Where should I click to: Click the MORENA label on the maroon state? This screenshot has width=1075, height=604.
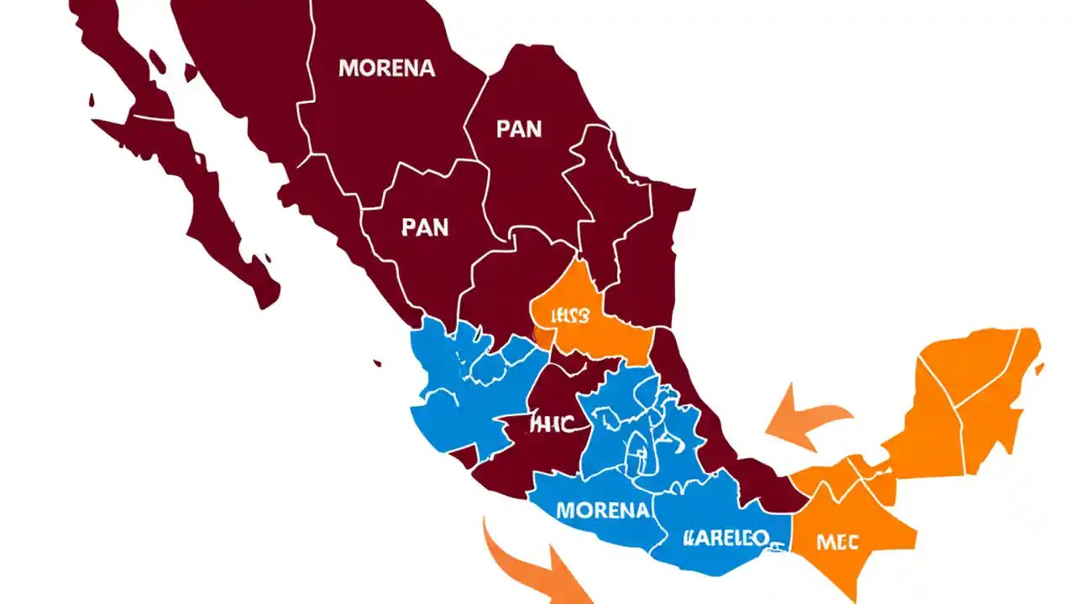click(x=386, y=68)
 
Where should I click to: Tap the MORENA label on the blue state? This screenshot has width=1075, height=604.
click(x=603, y=509)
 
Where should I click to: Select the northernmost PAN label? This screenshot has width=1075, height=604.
click(x=519, y=130)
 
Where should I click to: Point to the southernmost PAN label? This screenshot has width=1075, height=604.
click(x=425, y=226)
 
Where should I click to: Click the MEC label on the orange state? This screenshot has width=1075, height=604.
click(x=837, y=542)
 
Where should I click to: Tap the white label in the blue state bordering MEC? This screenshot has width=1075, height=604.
click(x=726, y=537)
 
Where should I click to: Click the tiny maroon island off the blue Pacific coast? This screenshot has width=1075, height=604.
click(x=378, y=363)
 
